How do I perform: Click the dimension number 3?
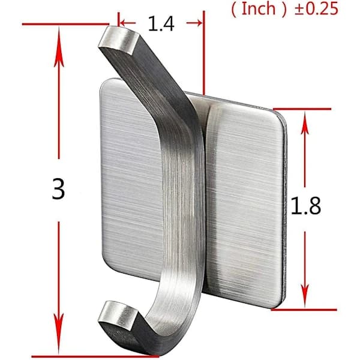pyautogui.click(x=59, y=189)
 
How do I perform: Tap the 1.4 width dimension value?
pyautogui.click(x=161, y=23)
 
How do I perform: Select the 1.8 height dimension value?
pyautogui.click(x=305, y=206)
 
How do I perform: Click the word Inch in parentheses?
pyautogui.click(x=259, y=9)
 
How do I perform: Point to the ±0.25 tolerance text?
pyautogui.click(x=316, y=9)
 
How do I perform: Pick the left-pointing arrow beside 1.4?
pyautogui.click(x=128, y=23)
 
